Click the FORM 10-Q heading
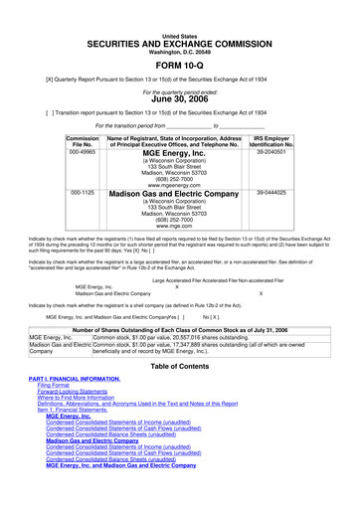click(179, 67)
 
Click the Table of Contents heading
click(179, 394)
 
